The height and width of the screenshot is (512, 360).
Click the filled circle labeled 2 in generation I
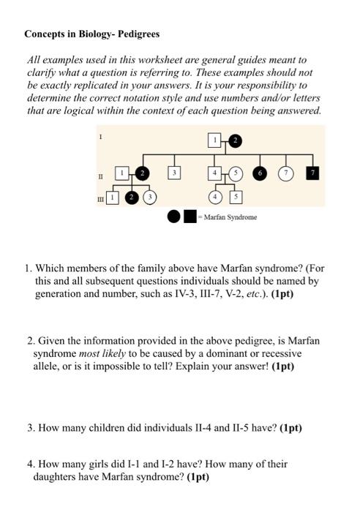click(235, 140)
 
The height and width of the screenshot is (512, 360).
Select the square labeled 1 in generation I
click(215, 140)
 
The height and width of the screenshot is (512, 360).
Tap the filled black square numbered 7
click(312, 173)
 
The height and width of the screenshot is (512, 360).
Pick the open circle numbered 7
click(287, 173)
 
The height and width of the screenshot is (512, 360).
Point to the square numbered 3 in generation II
click(173, 173)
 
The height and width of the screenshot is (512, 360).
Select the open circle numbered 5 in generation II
click(236, 173)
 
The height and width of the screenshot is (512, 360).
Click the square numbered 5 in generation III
click(236, 197)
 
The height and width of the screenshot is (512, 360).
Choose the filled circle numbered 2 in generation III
click(132, 197)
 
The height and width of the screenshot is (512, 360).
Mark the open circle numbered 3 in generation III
click(150, 197)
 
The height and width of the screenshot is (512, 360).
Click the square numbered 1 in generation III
click(112, 197)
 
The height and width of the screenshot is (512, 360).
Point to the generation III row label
click(100, 198)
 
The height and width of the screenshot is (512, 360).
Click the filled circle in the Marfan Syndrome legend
click(174, 217)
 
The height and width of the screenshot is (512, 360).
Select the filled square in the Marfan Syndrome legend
click(190, 217)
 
